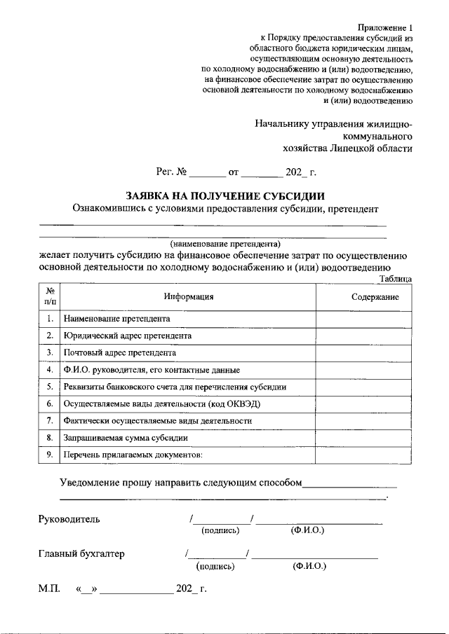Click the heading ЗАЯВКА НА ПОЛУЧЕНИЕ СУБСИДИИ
(224, 195)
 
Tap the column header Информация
(188, 297)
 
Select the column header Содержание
(375, 297)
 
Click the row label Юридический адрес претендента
(127, 336)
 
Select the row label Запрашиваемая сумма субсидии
(126, 438)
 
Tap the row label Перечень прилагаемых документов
(133, 455)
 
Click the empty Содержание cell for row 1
(363, 319)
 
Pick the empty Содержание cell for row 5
(363, 387)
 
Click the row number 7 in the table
(50, 421)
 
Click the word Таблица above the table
(395, 279)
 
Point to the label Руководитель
(69, 519)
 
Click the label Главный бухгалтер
(81, 554)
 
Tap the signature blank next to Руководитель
(222, 519)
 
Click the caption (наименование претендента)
(224, 244)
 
